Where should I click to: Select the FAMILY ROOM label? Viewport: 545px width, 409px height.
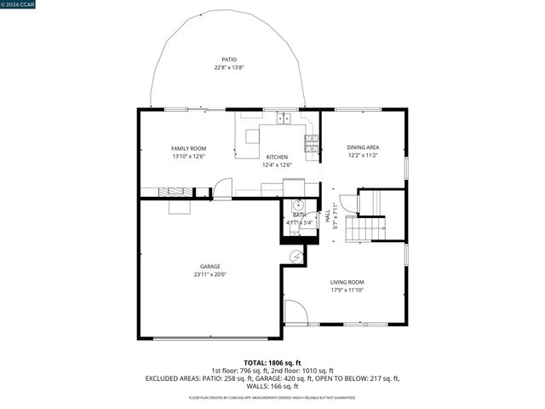[188, 148]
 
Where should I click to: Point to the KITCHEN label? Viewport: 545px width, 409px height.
[277, 157]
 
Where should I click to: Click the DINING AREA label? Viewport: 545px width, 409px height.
[363, 147]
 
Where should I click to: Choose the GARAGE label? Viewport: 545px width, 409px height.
[209, 267]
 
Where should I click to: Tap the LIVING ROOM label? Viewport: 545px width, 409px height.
[347, 282]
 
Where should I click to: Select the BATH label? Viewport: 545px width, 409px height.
[299, 216]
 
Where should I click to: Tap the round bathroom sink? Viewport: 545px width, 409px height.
[298, 204]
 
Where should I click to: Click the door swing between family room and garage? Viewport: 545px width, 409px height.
[222, 188]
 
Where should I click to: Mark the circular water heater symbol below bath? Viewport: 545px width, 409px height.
[296, 255]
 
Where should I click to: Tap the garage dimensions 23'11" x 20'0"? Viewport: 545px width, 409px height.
[209, 274]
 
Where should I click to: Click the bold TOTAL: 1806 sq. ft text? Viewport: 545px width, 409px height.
[272, 362]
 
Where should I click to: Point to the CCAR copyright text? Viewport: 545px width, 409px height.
[20, 4]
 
